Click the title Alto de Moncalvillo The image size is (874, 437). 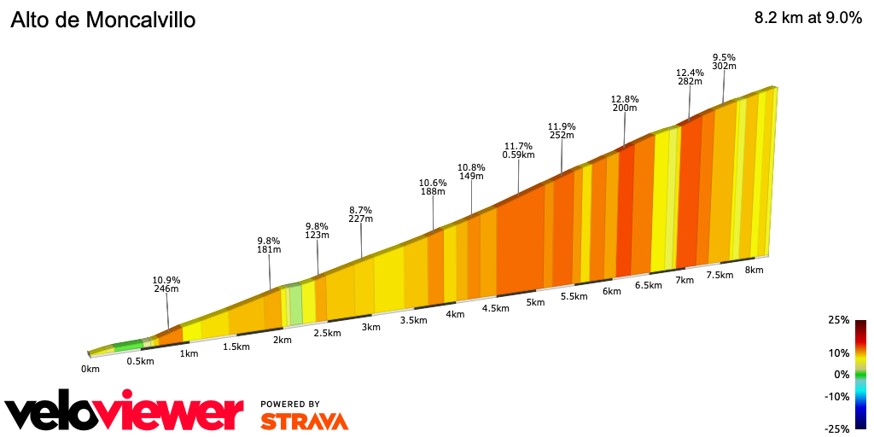point(103,20)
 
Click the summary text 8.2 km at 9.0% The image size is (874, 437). point(807,19)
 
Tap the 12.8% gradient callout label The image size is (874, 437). point(625,103)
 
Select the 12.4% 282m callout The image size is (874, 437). point(689,77)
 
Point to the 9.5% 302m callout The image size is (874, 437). point(724,61)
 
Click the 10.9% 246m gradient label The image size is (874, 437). point(166,284)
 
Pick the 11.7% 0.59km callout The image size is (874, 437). point(518,150)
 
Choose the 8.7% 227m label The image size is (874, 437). point(361,214)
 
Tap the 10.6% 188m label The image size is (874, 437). point(433,187)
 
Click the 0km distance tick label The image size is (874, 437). point(90,369)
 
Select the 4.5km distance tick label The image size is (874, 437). point(496,308)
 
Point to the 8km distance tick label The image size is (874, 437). point(754,270)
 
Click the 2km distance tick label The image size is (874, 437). point(283,340)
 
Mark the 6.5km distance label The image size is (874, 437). point(649,285)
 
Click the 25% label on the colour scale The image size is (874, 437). point(838,320)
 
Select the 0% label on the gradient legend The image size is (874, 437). point(842,375)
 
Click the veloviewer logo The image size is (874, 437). point(125,414)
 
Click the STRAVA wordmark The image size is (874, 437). point(304,421)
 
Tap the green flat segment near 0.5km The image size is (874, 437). point(128,346)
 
